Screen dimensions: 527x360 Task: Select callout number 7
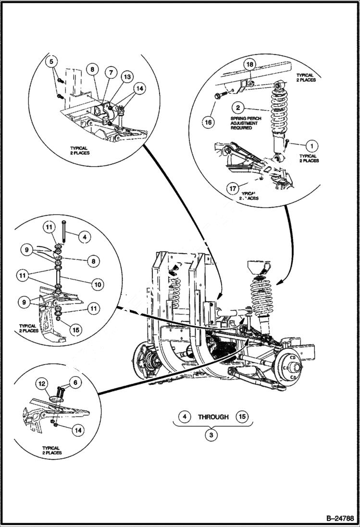111,73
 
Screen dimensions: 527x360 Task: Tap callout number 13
127,76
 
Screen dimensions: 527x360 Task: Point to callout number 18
250,64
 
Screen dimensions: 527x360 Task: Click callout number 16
208,122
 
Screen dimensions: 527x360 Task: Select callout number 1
311,144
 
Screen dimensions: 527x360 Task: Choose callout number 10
98,284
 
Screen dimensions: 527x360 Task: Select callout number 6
75,382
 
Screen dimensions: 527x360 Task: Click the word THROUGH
213,417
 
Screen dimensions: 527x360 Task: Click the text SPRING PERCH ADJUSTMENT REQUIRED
244,123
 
